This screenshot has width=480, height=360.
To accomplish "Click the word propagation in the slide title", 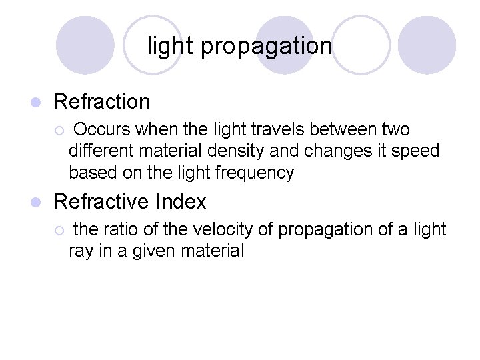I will pyautogui.click(x=266, y=47).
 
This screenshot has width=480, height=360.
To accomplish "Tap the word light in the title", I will pyautogui.click(x=170, y=46).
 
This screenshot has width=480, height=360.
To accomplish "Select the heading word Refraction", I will pyautogui.click(x=102, y=102).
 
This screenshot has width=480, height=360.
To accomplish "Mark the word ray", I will pyautogui.click(x=79, y=252).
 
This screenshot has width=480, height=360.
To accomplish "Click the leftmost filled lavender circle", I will pyautogui.click(x=85, y=45).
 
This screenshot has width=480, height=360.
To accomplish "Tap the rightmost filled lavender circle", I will pyautogui.click(x=427, y=45).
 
